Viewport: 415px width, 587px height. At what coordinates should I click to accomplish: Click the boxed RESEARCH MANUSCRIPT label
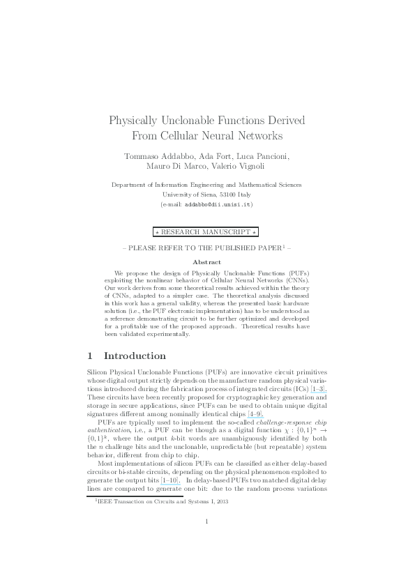pyautogui.click(x=207, y=231)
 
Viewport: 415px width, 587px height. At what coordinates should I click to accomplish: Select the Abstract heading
pyautogui.click(x=206, y=261)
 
